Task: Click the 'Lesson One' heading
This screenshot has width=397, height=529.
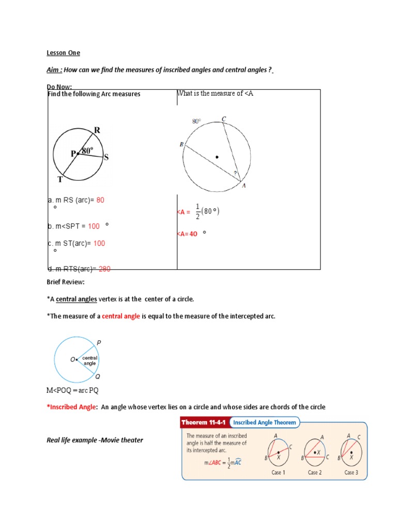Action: tap(64, 53)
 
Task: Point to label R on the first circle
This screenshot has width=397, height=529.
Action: tap(97, 130)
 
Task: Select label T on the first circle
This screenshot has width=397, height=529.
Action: tap(60, 179)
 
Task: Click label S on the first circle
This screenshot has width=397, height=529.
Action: tap(106, 158)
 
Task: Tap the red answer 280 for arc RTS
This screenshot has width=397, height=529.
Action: tap(104, 268)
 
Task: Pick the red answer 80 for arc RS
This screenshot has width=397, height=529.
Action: tap(100, 200)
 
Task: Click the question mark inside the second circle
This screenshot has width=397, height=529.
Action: tap(236, 173)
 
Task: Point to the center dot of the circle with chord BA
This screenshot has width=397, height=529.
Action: tap(217, 157)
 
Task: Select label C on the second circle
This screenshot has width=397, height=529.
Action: tap(224, 119)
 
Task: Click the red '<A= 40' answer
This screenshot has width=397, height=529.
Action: tap(187, 234)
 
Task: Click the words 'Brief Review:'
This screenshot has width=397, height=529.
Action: tap(65, 283)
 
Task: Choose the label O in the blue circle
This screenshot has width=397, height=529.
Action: tap(73, 359)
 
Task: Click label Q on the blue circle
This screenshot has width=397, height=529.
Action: tap(98, 377)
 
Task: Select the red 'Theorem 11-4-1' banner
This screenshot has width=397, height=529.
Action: tap(203, 423)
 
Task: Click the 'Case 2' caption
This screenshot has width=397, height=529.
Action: tap(314, 472)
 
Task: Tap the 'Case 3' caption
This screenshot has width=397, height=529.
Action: tap(351, 472)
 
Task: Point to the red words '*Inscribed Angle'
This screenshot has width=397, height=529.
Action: tap(71, 407)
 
